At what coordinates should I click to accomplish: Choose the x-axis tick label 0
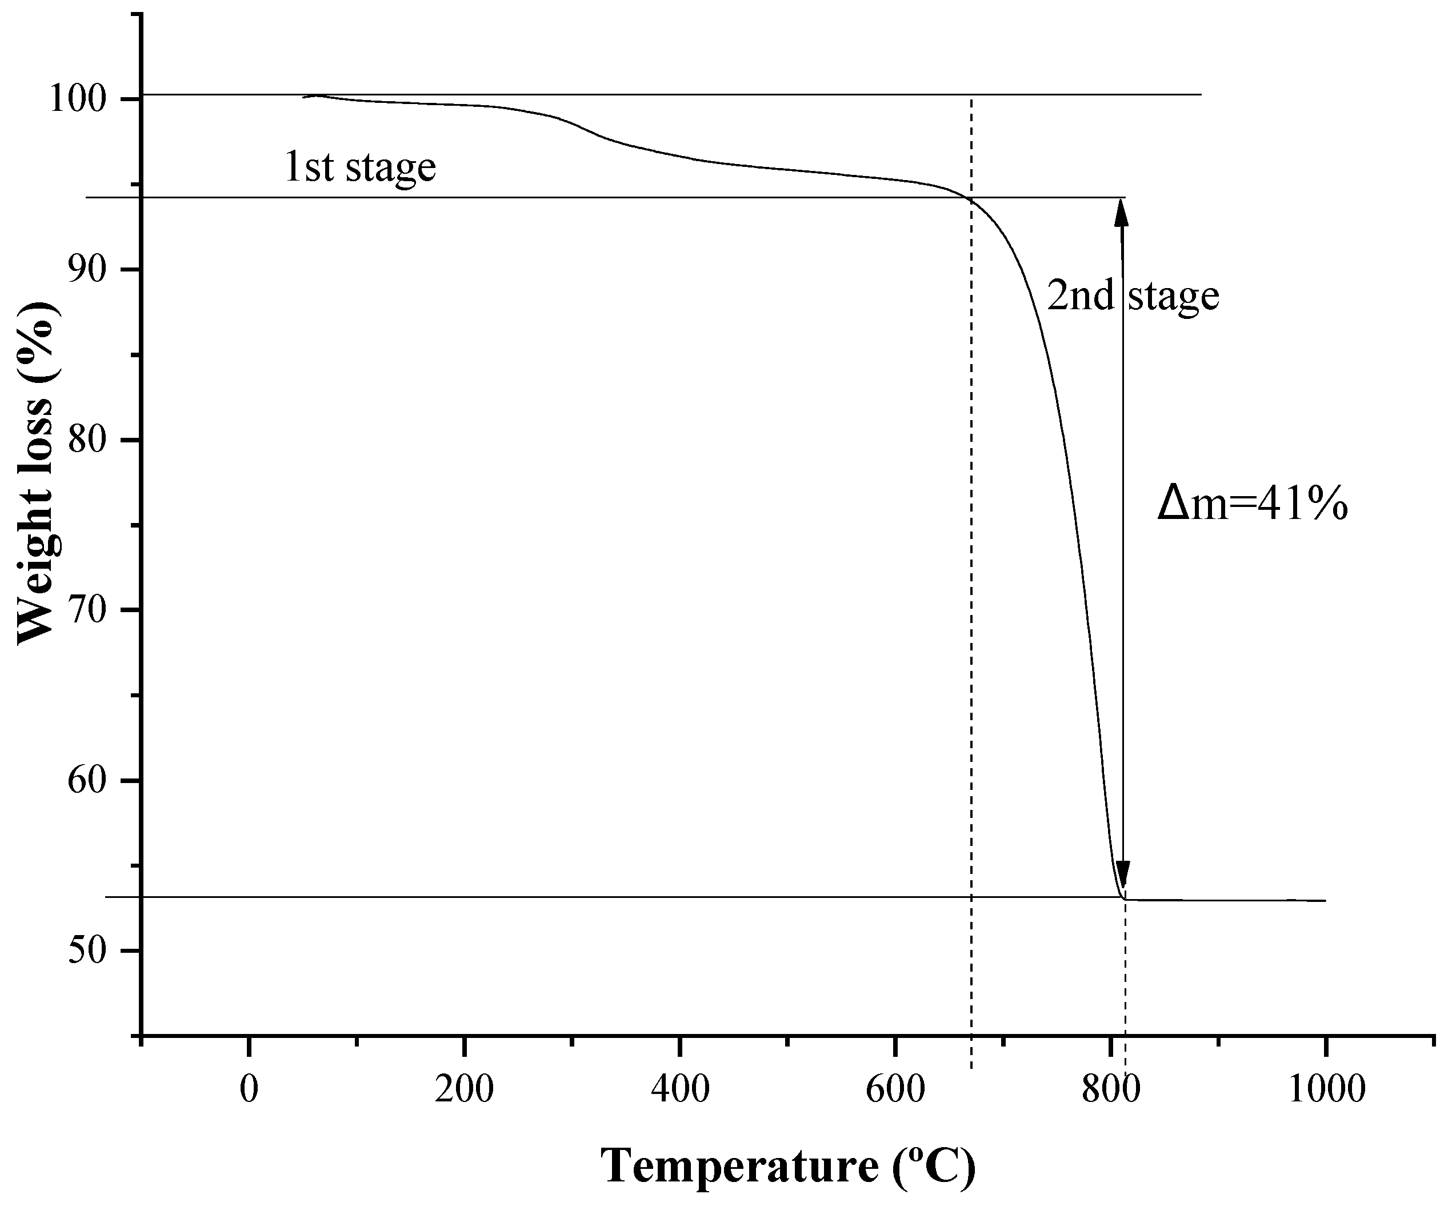[x=249, y=1090]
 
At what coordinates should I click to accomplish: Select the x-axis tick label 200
[x=464, y=1090]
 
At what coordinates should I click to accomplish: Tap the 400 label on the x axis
[x=680, y=1090]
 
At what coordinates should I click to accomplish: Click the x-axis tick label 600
[x=895, y=1090]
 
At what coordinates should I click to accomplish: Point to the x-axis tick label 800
[x=1110, y=1090]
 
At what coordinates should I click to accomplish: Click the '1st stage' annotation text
[x=360, y=167]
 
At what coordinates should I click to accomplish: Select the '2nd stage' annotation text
[x=1133, y=296]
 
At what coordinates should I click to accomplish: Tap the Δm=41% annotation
[x=1252, y=505]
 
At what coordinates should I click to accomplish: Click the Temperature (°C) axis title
[x=788, y=1165]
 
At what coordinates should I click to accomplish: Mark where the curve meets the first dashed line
[x=971, y=200]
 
